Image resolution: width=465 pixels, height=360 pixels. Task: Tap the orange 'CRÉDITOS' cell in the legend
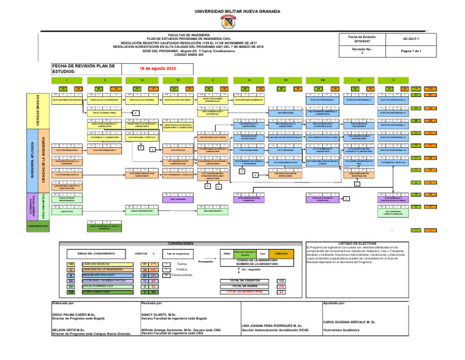(x=282, y=253)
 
